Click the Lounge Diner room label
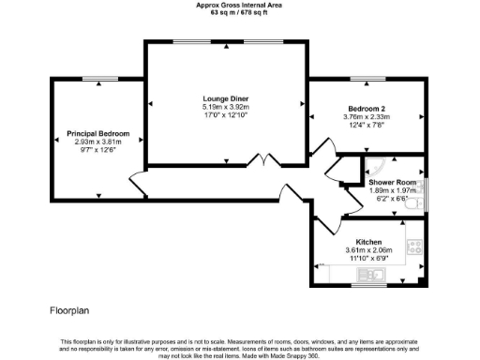tap(226, 98)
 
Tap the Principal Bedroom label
tap(97, 134)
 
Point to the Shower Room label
tap(391, 182)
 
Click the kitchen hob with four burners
tap(412, 248)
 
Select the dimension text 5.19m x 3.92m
tap(225, 107)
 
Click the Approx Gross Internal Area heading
tap(239, 5)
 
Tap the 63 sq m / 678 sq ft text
tap(239, 13)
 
